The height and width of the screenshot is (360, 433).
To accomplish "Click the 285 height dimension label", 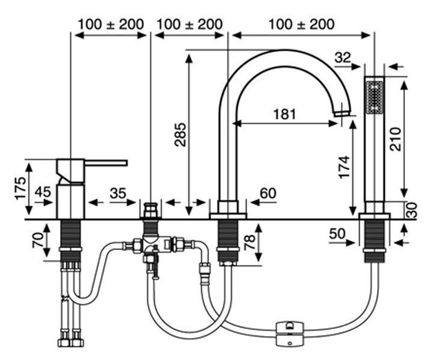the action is point(180,135).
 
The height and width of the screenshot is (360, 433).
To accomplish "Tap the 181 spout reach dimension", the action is point(284,114).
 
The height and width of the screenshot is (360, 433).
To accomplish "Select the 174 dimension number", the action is point(345,167).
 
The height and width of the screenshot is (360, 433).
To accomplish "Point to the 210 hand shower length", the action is point(396,139).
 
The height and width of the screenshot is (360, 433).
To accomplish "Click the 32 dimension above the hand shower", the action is point(343,58).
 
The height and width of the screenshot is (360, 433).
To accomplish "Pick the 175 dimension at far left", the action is point(20,188).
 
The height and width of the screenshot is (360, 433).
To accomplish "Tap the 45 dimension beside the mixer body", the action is point(43,192).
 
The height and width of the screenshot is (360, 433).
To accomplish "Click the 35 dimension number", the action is point(118,194).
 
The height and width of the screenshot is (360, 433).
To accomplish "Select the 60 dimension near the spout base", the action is point(268,194).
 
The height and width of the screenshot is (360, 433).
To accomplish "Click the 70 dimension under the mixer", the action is point(38,240).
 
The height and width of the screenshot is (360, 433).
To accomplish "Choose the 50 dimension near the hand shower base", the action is point(337,234).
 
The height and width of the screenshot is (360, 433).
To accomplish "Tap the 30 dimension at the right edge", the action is point(411,210).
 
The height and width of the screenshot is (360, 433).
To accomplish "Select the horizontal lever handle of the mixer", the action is point(106,163).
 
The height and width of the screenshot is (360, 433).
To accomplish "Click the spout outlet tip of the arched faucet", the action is point(342,113).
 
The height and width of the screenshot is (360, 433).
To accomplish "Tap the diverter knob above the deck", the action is point(151,210).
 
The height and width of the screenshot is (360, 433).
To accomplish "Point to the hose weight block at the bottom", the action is point(290,334).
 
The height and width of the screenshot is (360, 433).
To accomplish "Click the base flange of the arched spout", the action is point(228,216).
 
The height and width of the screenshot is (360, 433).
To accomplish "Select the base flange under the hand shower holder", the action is point(375,216).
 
